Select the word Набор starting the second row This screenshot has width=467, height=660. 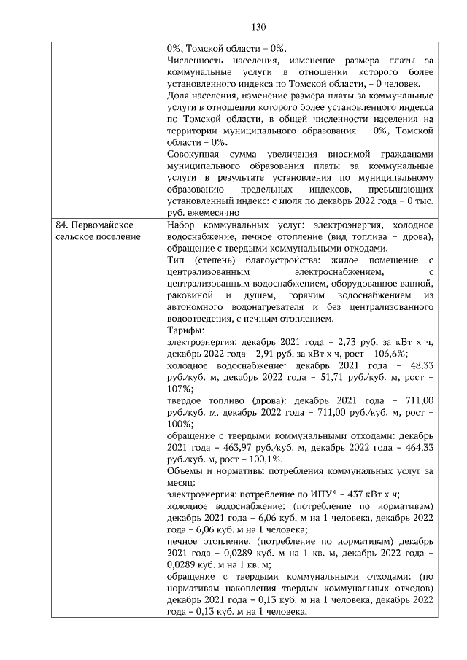(x=182, y=227)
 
